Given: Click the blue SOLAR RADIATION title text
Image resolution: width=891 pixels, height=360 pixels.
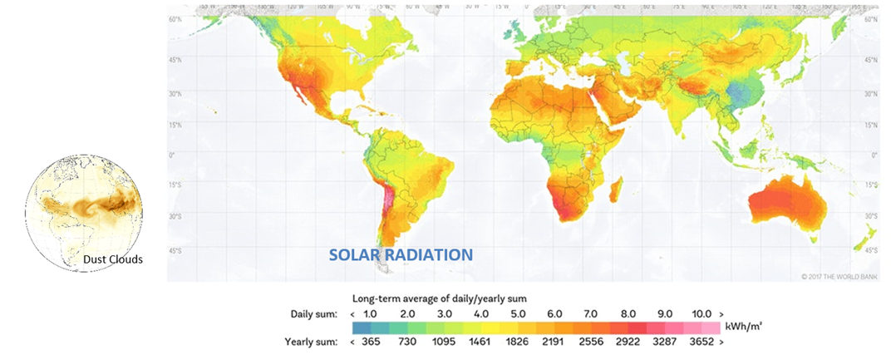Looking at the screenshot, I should [x=401, y=255].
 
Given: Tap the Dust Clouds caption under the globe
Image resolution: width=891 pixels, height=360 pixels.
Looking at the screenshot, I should [x=113, y=259].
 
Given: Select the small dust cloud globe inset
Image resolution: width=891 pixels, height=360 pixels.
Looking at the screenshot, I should [x=83, y=211].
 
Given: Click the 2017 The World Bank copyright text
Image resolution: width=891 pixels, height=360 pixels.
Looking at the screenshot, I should [x=839, y=275].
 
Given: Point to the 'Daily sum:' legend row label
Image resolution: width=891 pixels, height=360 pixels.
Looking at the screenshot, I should [x=314, y=313].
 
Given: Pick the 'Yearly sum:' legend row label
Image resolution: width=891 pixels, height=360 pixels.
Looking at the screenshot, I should [x=312, y=342].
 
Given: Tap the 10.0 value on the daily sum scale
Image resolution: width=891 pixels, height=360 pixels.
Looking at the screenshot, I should [x=702, y=313].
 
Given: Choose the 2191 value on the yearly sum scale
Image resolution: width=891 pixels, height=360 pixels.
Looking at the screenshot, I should [x=554, y=342].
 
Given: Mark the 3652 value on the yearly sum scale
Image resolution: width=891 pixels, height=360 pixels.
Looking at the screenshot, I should [x=702, y=342].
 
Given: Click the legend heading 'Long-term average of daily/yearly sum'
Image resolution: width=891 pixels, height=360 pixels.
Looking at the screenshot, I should [x=441, y=298].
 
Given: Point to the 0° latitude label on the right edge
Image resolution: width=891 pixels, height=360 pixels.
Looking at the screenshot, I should [x=874, y=155].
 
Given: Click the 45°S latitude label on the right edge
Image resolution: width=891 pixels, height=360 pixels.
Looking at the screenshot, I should [x=871, y=249].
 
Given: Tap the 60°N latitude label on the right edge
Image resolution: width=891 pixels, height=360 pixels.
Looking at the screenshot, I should [x=871, y=17].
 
